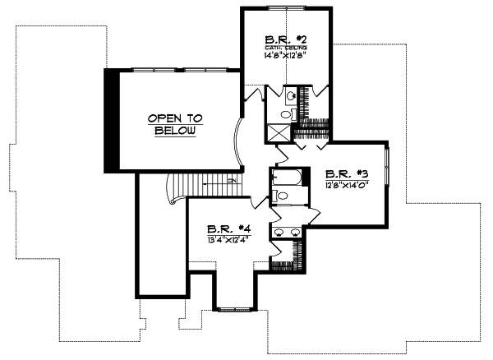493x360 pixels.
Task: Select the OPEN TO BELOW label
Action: tap(174, 124)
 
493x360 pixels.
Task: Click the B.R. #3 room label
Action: tap(345, 173)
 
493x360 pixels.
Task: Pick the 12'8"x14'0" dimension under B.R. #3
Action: tap(345, 184)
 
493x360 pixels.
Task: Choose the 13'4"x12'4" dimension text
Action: tap(228, 239)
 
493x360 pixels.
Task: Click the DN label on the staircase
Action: tap(233, 180)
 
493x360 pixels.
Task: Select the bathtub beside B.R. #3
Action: tap(288, 178)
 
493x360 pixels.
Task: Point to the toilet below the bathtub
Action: tap(281, 196)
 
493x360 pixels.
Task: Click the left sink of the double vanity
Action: tap(279, 231)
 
